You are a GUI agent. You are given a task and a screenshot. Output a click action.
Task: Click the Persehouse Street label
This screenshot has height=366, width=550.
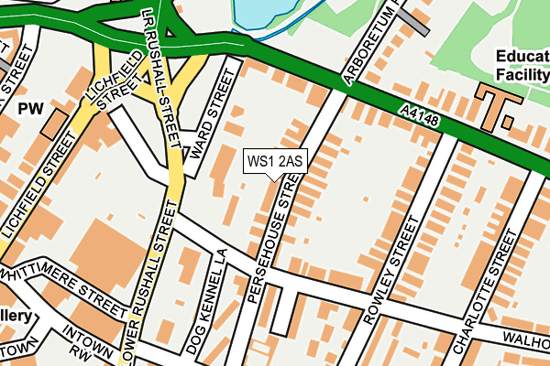point(271,241)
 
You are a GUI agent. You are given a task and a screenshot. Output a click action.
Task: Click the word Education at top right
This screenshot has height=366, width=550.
point(522,54)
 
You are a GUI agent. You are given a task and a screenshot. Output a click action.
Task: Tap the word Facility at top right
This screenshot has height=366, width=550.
point(522,73)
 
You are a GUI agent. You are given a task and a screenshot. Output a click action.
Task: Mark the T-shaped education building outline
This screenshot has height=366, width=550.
point(499,105)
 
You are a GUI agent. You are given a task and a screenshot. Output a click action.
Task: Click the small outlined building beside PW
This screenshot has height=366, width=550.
point(55,122)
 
